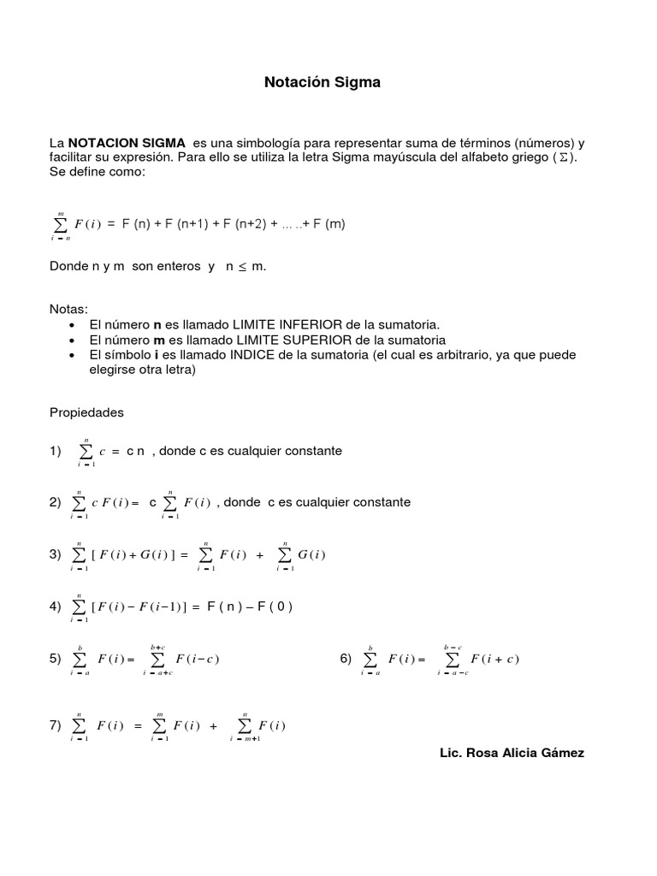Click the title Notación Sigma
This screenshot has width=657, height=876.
321,83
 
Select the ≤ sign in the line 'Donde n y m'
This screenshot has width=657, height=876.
241,267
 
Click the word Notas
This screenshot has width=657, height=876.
68,308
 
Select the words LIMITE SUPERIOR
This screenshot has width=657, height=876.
294,340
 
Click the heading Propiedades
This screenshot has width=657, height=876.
86,412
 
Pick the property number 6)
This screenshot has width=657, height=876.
346,658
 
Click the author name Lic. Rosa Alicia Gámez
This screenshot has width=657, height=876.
512,752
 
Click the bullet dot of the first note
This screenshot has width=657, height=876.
70,325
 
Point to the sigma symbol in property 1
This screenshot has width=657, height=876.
86,451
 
